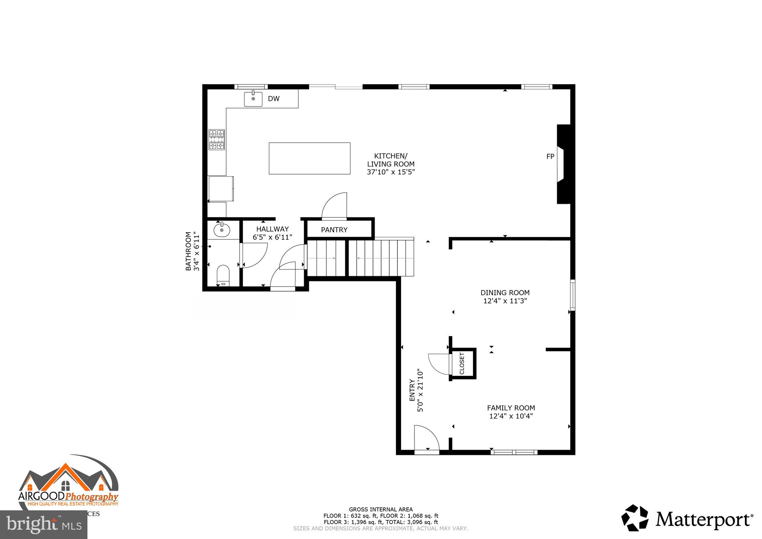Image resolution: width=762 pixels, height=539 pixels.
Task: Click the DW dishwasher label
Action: pyautogui.click(x=273, y=99)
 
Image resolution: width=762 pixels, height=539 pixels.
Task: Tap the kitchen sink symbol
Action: pyautogui.click(x=253, y=99)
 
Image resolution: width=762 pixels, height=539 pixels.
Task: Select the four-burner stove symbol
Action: pyautogui.click(x=217, y=140)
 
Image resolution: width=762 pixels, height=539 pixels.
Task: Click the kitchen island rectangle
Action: pyautogui.click(x=309, y=158)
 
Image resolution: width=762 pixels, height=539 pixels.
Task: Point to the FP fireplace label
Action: pyautogui.click(x=550, y=157)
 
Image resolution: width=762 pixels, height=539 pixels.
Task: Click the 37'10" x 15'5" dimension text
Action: pyautogui.click(x=390, y=172)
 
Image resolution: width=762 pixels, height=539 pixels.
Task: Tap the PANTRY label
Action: pyautogui.click(x=334, y=230)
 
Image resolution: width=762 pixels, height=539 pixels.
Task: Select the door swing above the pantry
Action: pyautogui.click(x=335, y=205)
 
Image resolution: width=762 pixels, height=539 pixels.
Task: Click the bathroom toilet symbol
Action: pyautogui.click(x=223, y=274)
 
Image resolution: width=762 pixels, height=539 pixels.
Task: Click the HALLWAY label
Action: pyautogui.click(x=272, y=229)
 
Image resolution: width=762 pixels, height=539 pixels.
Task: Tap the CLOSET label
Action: pyautogui.click(x=462, y=363)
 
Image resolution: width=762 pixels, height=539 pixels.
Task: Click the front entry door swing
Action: pyautogui.click(x=426, y=438)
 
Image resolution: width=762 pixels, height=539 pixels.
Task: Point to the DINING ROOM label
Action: pyautogui.click(x=505, y=293)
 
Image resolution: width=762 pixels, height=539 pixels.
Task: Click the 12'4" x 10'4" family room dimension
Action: pyautogui.click(x=511, y=416)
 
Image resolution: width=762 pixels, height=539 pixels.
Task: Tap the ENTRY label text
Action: pyautogui.click(x=412, y=390)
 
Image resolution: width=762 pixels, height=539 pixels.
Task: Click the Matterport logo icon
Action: pyautogui.click(x=634, y=518)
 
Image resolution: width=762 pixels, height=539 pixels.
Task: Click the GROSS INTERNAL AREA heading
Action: pyautogui.click(x=381, y=510)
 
